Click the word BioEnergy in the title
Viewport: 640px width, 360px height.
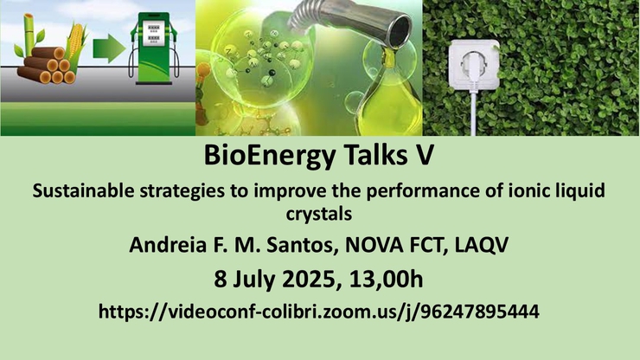(269, 156)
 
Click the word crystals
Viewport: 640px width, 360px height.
(319, 214)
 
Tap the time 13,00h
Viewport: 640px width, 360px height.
(386, 280)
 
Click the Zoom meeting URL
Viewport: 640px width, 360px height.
(319, 312)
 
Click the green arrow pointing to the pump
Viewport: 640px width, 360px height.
(109, 48)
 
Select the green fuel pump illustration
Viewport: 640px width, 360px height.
(154, 48)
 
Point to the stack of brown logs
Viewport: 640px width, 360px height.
(46, 66)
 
